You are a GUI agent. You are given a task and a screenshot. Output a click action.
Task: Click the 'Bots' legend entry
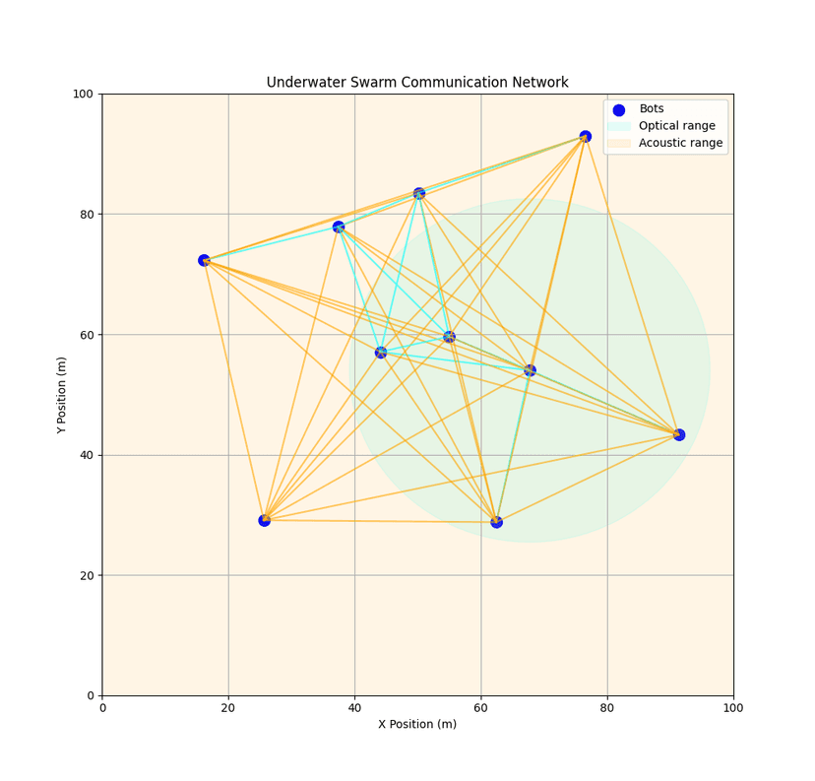[x=651, y=109]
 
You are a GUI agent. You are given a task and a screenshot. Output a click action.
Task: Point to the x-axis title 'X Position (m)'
[x=417, y=724]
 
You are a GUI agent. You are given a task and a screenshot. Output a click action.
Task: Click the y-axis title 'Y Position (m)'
[x=62, y=395]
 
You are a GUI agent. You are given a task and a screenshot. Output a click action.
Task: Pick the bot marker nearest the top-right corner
[x=585, y=137]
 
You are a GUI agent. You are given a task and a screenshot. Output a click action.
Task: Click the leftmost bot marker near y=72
[x=204, y=261]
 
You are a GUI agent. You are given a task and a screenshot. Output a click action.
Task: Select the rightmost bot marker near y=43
[x=678, y=434]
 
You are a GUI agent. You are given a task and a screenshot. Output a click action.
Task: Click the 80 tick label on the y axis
[x=86, y=215]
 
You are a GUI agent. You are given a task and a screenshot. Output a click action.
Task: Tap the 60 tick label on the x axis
[x=480, y=707]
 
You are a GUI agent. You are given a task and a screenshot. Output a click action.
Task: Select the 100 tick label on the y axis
[x=83, y=95]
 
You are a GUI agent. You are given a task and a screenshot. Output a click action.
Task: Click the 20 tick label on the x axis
[x=228, y=707]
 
